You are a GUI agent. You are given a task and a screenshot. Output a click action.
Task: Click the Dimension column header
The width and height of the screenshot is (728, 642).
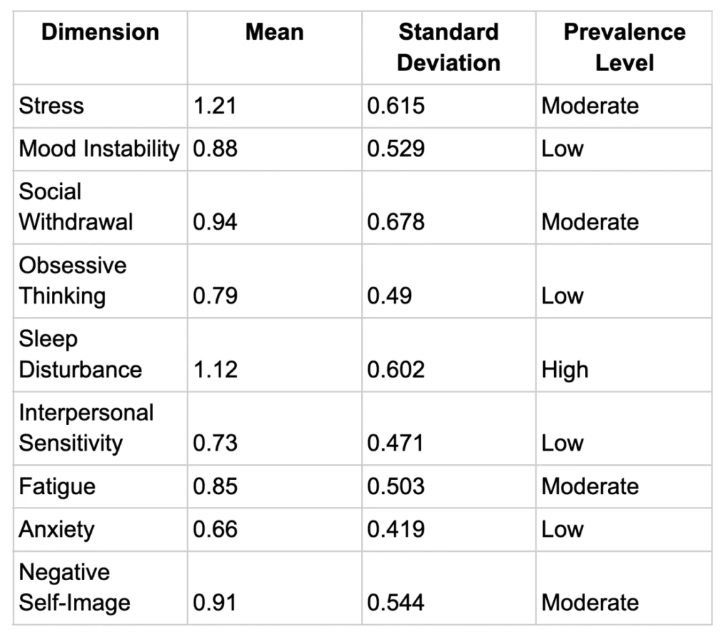[x=100, y=33]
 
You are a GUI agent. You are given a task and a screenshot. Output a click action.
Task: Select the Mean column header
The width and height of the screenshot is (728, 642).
[x=274, y=33]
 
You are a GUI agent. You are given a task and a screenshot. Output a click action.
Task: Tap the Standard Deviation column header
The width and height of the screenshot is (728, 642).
[x=448, y=47]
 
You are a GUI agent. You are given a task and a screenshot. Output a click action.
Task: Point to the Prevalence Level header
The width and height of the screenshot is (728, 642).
[x=623, y=47]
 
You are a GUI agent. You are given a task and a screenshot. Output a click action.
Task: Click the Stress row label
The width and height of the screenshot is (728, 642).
[x=51, y=106]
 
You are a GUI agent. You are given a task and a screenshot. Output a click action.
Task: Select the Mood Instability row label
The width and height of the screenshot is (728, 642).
[x=99, y=149]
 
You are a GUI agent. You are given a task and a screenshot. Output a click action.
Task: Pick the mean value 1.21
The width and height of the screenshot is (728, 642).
[x=214, y=106]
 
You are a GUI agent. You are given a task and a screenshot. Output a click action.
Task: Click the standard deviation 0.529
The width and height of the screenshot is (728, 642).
[x=395, y=149]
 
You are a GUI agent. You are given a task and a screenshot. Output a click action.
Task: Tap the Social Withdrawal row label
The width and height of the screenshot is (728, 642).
[x=75, y=207]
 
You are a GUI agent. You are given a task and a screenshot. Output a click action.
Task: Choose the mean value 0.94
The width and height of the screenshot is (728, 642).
[x=215, y=222]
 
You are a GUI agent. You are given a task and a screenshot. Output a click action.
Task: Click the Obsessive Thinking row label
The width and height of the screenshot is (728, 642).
[x=73, y=281]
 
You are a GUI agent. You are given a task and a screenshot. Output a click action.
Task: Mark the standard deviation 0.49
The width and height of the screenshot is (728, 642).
[x=389, y=296]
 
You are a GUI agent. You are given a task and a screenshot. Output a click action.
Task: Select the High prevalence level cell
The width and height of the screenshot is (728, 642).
[x=564, y=370]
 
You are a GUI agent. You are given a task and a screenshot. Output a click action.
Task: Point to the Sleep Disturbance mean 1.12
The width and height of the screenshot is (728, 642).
[x=214, y=370]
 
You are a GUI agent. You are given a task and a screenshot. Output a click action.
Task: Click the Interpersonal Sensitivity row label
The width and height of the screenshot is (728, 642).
[x=85, y=428]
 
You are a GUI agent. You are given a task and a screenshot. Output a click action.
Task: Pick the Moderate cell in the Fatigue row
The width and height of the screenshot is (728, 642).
[x=589, y=487]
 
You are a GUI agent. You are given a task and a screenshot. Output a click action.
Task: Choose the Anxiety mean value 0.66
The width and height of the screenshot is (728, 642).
[x=215, y=530]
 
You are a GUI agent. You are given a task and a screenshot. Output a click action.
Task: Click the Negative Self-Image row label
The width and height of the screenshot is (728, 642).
[x=75, y=588]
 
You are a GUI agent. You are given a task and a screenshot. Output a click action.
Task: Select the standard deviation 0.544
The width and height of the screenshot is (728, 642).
[x=395, y=603]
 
